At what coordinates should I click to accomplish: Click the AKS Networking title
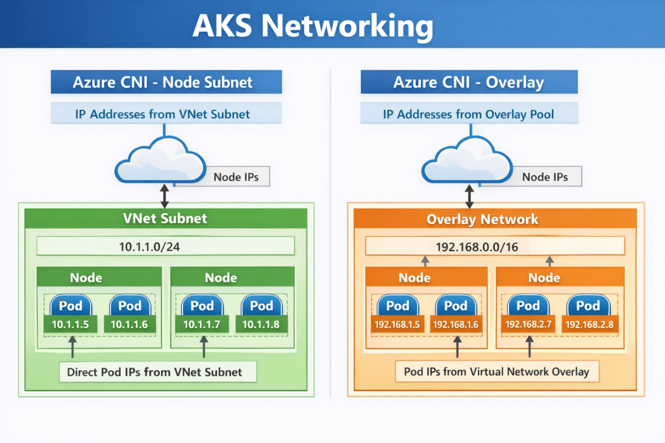click(313, 26)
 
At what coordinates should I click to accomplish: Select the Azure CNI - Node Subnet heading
click(166, 82)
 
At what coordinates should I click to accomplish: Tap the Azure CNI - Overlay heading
click(468, 82)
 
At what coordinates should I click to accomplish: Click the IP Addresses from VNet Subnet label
click(166, 114)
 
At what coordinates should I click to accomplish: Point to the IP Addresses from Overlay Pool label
click(468, 114)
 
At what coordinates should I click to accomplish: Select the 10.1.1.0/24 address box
click(166, 246)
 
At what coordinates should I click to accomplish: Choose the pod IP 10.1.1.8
click(262, 324)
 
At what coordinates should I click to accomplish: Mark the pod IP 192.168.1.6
click(456, 324)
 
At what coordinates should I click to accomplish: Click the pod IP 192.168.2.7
click(528, 324)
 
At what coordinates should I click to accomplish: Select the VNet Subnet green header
click(166, 218)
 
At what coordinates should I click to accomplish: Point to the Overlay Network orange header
click(482, 219)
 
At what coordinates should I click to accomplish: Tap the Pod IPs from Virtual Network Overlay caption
click(497, 372)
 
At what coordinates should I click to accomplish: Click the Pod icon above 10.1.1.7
click(203, 305)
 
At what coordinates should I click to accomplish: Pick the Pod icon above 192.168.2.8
click(588, 305)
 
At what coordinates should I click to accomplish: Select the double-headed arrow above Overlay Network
click(467, 196)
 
